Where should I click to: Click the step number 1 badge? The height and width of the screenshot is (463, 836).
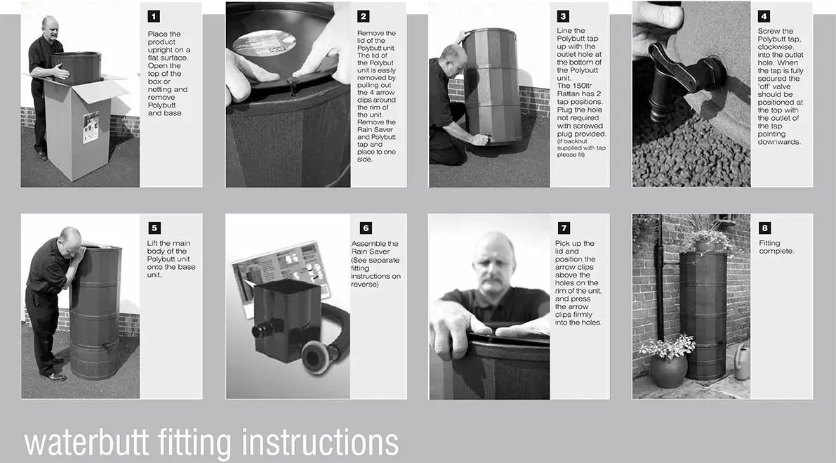pos(154,17)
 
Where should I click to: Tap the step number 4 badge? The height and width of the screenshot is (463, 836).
pos(764,17)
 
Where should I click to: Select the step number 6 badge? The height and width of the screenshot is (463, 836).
pos(366,228)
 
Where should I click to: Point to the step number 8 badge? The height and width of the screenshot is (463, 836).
pos(764,228)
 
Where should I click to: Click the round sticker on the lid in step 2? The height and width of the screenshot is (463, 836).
pos(264,43)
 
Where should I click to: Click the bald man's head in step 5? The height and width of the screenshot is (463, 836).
pos(72,241)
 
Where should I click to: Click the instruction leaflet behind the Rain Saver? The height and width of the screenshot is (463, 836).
pos(281,272)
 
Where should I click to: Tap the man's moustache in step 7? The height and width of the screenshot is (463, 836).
pos(493,280)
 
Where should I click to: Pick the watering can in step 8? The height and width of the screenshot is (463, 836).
pos(742,362)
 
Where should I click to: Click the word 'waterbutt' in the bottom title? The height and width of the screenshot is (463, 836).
pos(86,442)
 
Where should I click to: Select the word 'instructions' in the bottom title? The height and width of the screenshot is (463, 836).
pos(320,442)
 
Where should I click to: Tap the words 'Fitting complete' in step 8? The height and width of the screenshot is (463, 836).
pos(776,247)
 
